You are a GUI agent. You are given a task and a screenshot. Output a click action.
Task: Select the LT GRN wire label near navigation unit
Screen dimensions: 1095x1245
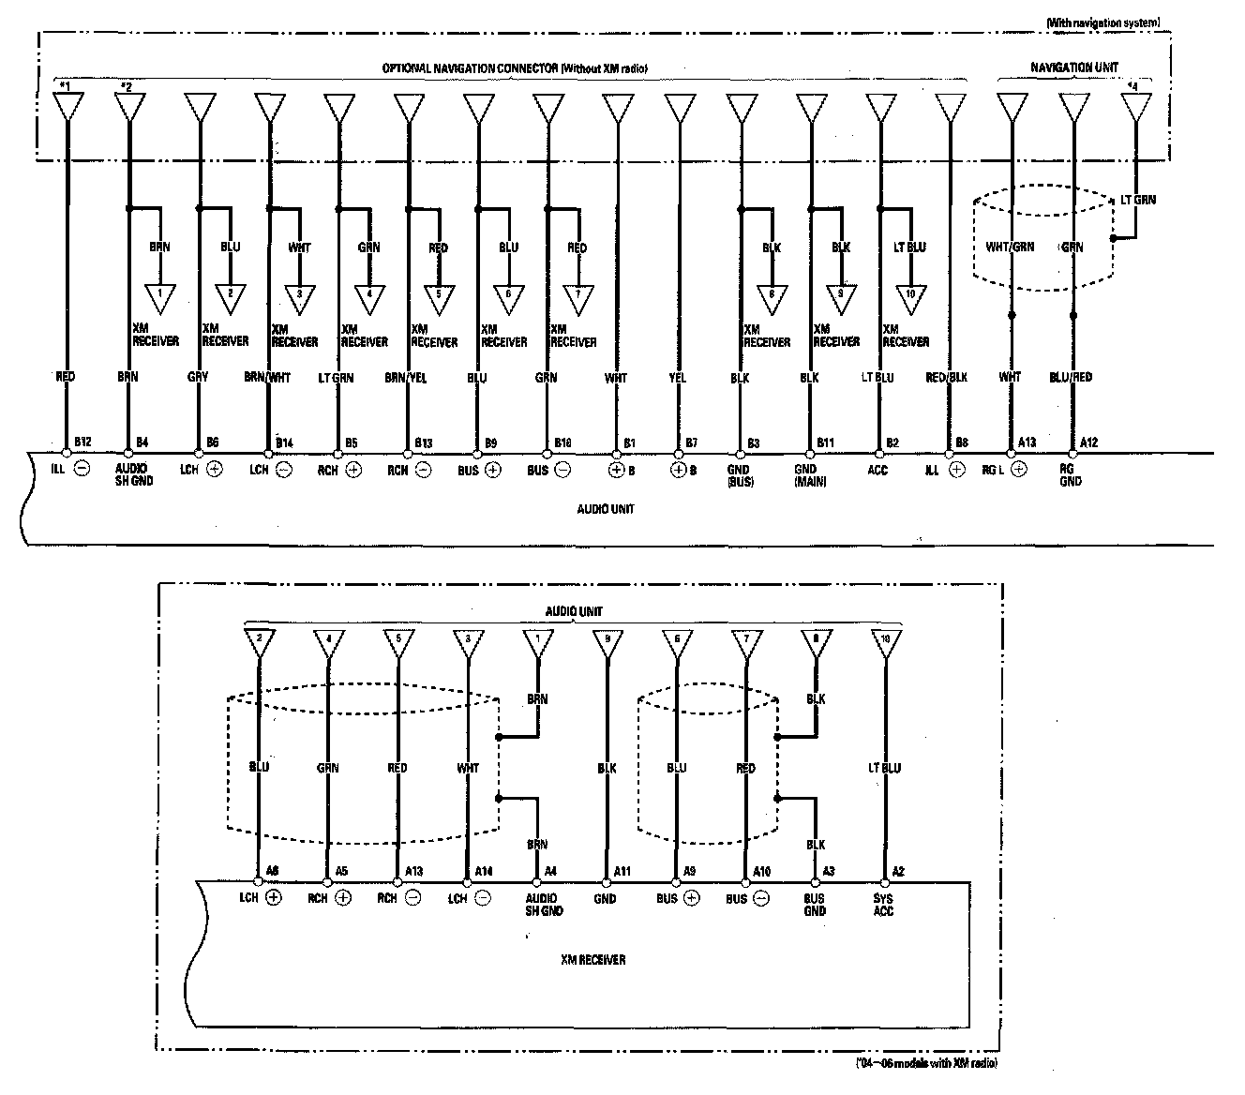1139,200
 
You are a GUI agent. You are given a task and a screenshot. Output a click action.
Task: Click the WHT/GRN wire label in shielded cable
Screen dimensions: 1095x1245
1011,247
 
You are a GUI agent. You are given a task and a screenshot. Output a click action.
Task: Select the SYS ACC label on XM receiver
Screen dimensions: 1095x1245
884,905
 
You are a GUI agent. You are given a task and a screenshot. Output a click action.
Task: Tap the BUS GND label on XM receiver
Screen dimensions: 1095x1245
815,905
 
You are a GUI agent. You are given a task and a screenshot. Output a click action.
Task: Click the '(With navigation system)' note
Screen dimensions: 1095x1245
1110,22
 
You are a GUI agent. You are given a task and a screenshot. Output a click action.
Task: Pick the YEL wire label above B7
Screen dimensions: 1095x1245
678,378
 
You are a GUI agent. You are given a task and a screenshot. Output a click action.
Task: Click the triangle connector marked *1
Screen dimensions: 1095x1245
65,106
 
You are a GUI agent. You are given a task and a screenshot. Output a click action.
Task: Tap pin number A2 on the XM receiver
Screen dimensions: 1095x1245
898,871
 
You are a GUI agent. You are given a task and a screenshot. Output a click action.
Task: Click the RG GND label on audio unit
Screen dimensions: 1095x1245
1071,474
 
